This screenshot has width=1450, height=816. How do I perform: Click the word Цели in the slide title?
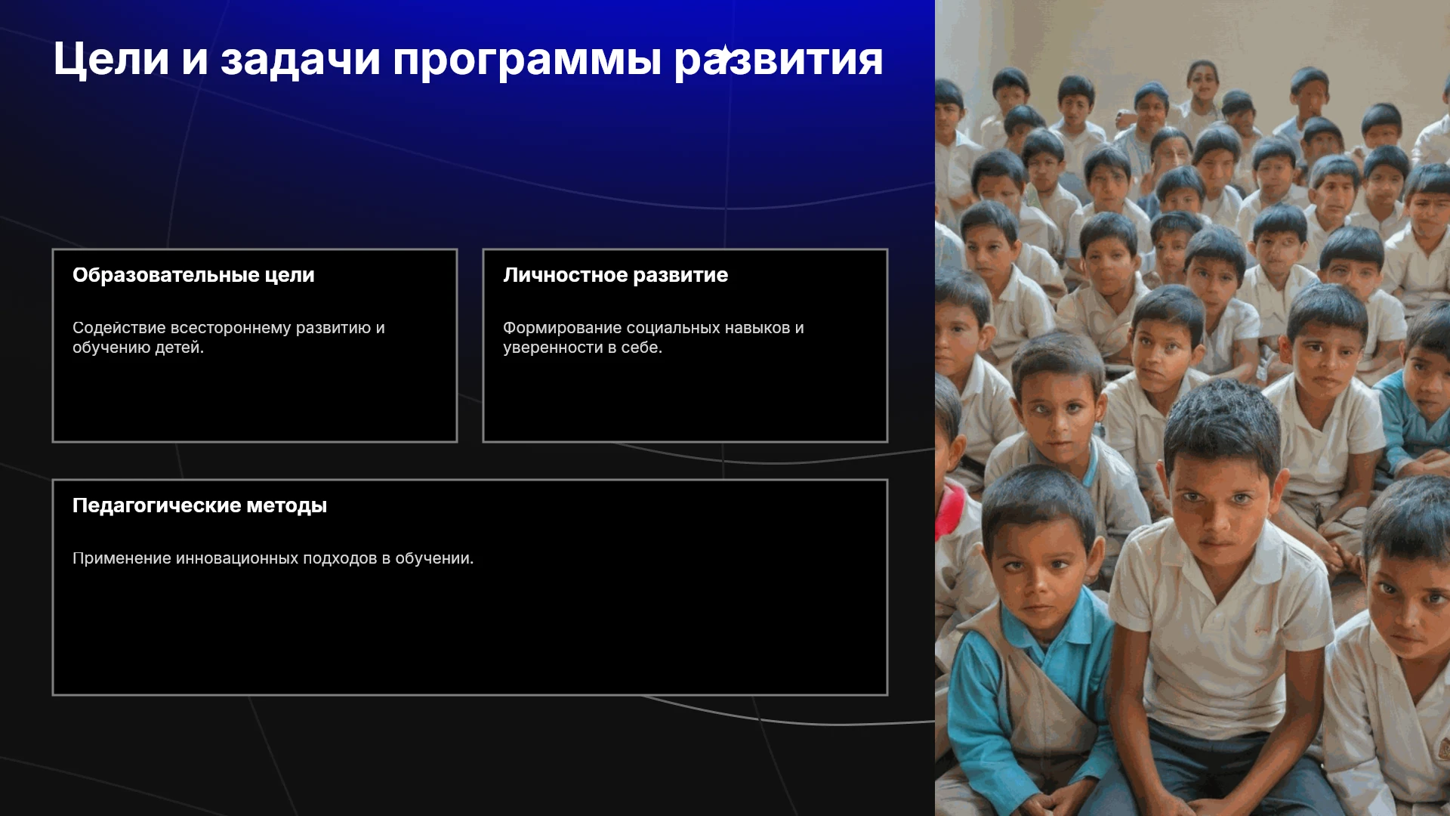click(111, 60)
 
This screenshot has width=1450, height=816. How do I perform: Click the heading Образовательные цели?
click(193, 275)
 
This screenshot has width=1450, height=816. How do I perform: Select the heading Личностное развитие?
click(615, 275)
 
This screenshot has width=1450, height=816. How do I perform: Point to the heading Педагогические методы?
click(199, 505)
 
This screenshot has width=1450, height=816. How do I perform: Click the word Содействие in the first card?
click(119, 328)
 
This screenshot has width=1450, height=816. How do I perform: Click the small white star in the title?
click(723, 55)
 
